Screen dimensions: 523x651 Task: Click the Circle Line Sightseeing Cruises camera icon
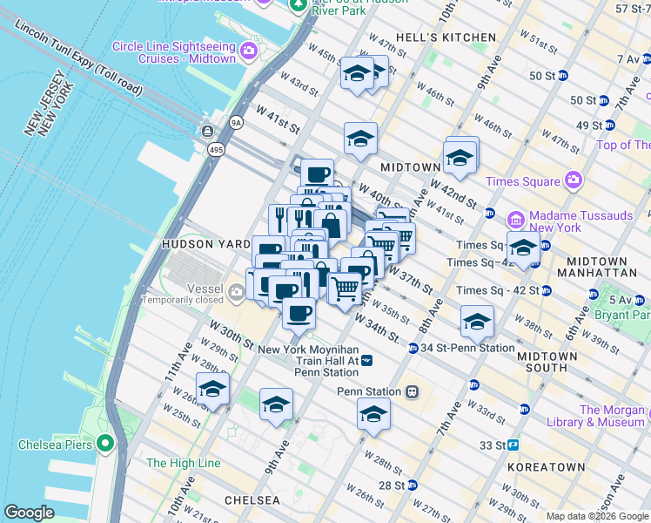coord(250,49)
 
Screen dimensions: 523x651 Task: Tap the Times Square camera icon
coord(573,181)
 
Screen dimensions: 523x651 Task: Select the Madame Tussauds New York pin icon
coord(515,217)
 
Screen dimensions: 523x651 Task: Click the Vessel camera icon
coord(237,289)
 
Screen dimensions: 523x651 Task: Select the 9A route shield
coord(236,123)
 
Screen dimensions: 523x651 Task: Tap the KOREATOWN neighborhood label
coord(546,467)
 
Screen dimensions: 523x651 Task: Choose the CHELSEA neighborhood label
coord(252,500)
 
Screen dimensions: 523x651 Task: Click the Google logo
coord(29,513)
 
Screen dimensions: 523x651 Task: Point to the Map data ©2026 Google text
coord(597,516)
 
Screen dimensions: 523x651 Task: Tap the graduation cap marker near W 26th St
coord(211,390)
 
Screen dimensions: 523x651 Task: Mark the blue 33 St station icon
coord(513,445)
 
